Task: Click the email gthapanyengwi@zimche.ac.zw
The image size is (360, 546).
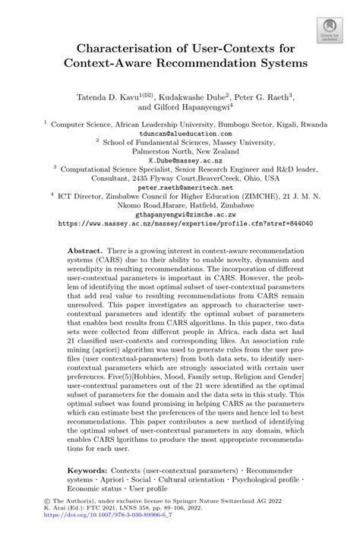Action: point(180,215)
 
